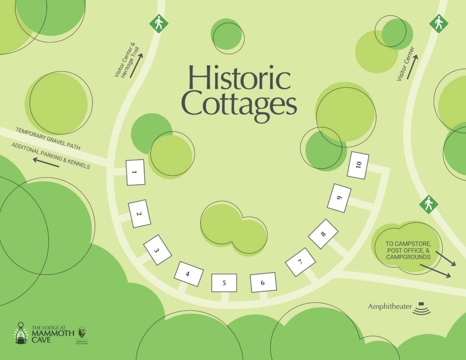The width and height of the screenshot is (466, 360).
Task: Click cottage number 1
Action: coord(135,172)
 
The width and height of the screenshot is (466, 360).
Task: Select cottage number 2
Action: coord(139,214)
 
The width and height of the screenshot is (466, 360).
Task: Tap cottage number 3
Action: coord(157,250)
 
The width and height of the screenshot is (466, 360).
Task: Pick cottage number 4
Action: coord(188,274)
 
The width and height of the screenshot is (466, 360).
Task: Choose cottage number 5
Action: coord(224,283)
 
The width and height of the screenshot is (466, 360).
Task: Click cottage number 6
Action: coord(263,282)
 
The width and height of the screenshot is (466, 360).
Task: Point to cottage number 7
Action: coord(300,262)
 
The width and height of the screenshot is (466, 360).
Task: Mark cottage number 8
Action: coord(323,234)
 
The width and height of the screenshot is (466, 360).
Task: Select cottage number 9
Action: coord(339,198)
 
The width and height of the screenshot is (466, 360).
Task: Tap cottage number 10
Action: coord(358,165)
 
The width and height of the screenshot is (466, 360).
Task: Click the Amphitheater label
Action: coord(390,307)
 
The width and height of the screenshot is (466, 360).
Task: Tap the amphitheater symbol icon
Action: coord(422,308)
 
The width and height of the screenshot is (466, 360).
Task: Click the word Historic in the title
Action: coord(239,78)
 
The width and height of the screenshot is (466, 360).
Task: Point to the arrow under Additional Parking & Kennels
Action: coord(46,163)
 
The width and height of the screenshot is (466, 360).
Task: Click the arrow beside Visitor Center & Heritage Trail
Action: coord(136,66)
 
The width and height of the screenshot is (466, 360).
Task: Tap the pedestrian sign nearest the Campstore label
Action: coord(428,204)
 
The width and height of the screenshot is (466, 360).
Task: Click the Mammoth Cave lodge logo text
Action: coord(52,334)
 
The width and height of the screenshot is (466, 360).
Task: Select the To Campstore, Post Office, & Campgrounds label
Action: coord(408,251)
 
